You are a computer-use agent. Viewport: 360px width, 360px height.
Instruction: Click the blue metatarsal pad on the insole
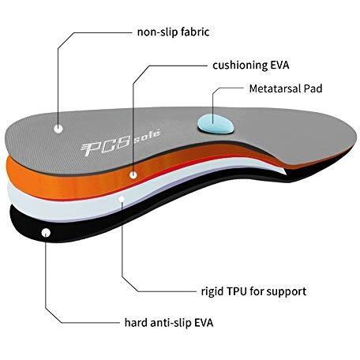pos(216,124)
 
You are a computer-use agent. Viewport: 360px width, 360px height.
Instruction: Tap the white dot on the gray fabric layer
pos(58,129)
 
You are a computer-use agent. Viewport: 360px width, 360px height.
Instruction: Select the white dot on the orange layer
pos(133,174)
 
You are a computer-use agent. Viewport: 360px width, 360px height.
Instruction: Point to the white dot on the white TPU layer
pos(122,199)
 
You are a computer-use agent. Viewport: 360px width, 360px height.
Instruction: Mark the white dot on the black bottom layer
pos(46,233)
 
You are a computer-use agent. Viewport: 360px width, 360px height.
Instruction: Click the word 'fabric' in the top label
pos(195,32)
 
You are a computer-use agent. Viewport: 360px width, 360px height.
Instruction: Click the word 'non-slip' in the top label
pos(157,32)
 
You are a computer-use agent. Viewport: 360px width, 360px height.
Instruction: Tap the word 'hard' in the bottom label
pos(135,322)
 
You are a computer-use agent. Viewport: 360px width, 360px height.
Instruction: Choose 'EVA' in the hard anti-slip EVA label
pos(204,323)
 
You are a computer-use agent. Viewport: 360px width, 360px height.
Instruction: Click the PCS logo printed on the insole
pos(106,146)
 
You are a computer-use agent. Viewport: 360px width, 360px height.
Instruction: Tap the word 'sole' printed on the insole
pos(147,136)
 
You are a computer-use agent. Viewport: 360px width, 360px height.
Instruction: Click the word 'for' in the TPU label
pos(257,291)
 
